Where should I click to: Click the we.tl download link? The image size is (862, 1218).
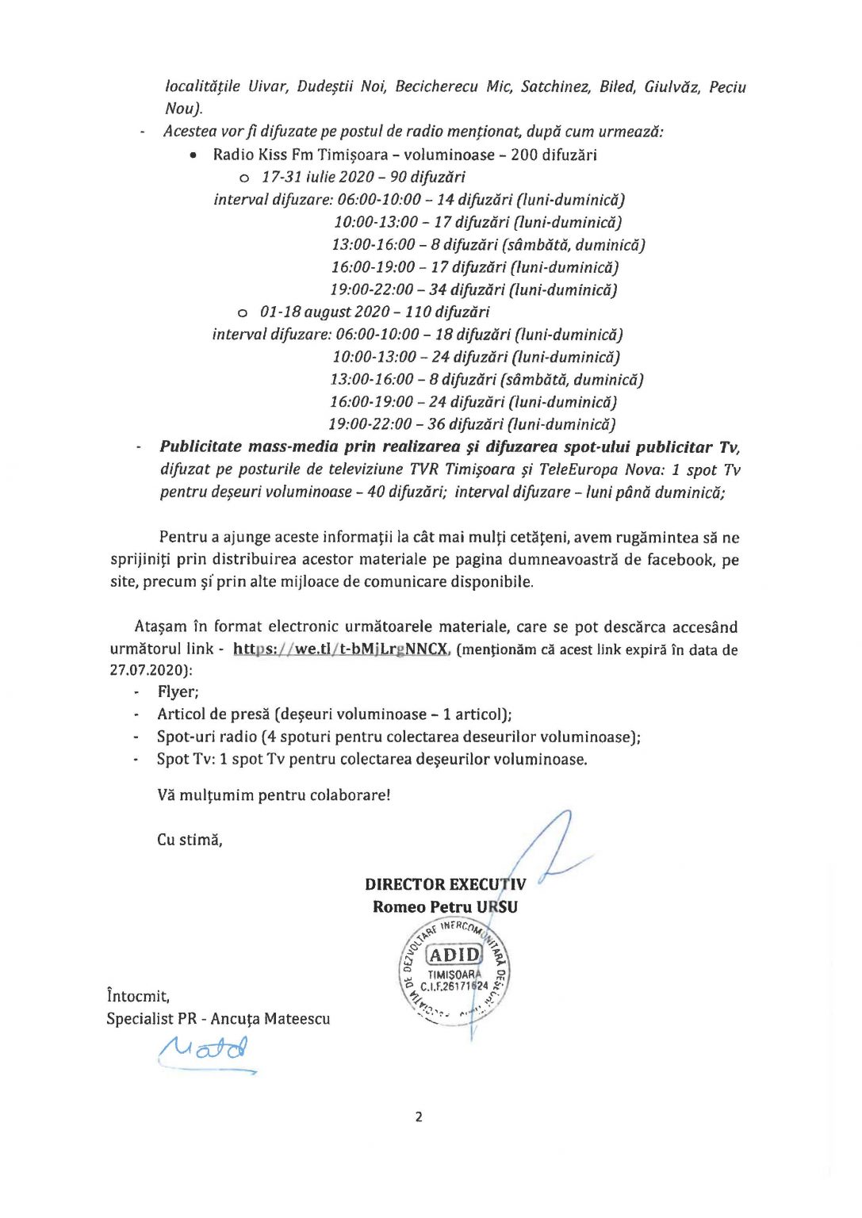click(x=341, y=649)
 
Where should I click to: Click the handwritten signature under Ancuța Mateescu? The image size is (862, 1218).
click(x=205, y=1052)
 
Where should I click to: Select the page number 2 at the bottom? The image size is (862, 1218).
click(x=419, y=1117)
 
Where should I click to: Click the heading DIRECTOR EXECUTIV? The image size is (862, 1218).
click(x=445, y=884)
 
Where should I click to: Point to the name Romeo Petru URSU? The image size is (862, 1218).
click(x=445, y=907)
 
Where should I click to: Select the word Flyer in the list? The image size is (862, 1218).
click(x=178, y=692)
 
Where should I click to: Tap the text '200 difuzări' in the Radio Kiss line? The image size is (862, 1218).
click(x=554, y=155)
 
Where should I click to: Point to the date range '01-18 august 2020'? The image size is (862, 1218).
click(x=324, y=312)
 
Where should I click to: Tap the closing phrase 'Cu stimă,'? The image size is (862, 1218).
click(x=190, y=840)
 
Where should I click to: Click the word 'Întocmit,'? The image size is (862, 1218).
click(x=138, y=996)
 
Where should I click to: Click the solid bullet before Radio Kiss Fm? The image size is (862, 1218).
click(x=193, y=155)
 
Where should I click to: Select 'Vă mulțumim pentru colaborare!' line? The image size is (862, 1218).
click(x=274, y=795)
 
